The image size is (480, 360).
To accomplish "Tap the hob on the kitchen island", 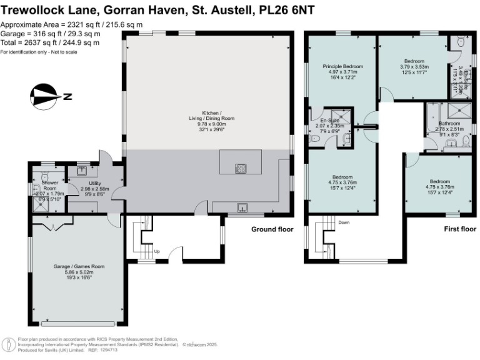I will coord(240,167).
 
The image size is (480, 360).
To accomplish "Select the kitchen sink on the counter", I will coord(241,209).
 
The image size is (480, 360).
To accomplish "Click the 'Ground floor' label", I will coord(272,229).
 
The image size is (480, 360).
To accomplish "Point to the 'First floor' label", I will coord(459,229).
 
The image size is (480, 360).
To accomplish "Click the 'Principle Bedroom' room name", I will coord(342,66).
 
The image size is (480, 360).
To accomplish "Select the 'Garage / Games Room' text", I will coord(79,266).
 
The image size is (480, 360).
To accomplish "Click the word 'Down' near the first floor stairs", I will coord(344,222).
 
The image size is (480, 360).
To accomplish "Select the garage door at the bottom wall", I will coord(78,323).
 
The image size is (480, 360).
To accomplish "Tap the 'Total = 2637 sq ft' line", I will coord(50,43).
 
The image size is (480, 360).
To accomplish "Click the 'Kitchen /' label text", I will coord(209,112).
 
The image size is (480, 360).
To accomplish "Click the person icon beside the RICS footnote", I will coord(9,344).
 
